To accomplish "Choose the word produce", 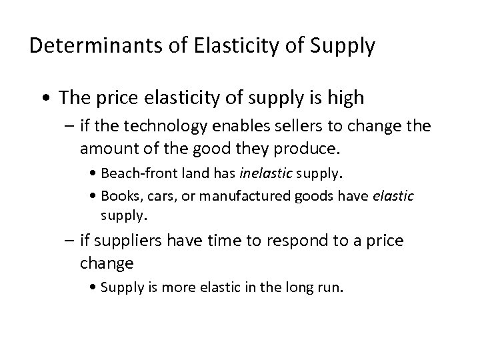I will pos(303,145).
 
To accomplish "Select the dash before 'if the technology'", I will pos(69,126).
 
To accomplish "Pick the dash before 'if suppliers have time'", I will pos(69,240).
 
